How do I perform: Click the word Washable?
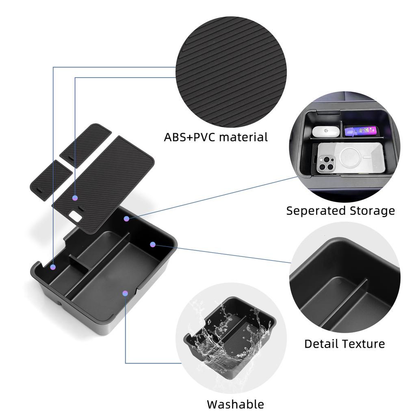[235, 404]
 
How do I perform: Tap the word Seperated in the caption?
[316, 211]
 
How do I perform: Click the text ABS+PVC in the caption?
[190, 137]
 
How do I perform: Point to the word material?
[244, 137]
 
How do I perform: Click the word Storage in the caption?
[372, 211]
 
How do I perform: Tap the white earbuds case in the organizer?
[326, 131]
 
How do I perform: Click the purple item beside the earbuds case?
[360, 130]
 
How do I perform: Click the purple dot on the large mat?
[75, 198]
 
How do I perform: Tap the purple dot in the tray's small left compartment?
[53, 267]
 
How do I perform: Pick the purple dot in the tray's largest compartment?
[125, 293]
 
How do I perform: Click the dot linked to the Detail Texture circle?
[153, 244]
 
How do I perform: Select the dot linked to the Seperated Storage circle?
[127, 219]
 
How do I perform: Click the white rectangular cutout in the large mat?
[76, 215]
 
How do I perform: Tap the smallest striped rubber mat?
[51, 180]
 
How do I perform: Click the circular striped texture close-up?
[231, 71]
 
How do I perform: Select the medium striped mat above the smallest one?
[85, 145]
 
